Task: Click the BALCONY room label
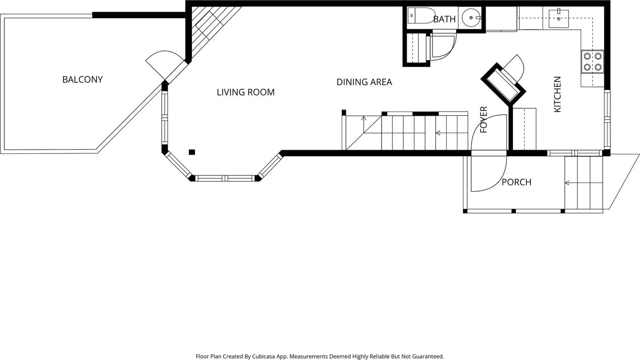[x=82, y=80]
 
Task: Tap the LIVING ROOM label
[x=246, y=92]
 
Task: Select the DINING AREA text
[x=364, y=82]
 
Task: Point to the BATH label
[x=444, y=19]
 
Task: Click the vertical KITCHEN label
[x=558, y=94]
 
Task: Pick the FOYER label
[x=483, y=120]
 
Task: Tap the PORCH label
[x=517, y=182]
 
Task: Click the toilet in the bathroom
[x=421, y=16]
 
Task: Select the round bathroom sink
[x=471, y=17]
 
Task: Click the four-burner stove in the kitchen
[x=592, y=62]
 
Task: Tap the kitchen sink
[x=559, y=19]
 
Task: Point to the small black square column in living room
[x=192, y=152]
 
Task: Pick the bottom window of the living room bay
[x=225, y=178]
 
